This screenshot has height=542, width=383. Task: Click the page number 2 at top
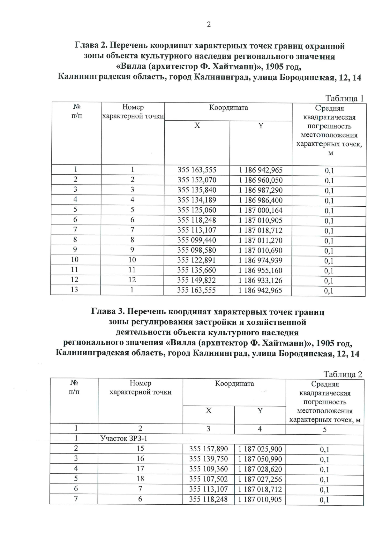tap(209, 25)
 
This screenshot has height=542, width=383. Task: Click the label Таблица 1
tap(344, 98)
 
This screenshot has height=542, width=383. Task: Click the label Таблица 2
tap(343, 374)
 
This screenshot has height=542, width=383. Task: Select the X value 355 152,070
tap(197, 180)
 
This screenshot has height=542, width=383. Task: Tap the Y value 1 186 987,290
tap(261, 190)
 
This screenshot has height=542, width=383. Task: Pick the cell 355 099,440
tap(197, 240)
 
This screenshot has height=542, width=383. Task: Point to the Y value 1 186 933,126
tap(261, 280)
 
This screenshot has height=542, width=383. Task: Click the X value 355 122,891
tap(197, 260)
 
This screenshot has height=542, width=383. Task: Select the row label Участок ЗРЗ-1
tap(124, 438)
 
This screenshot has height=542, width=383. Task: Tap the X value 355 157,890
tap(208, 449)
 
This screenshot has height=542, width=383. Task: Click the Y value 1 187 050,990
tap(260, 459)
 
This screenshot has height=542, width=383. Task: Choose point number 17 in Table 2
tap(140, 469)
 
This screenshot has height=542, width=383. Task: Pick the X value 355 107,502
tap(208, 479)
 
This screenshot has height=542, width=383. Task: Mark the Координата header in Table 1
tap(229, 108)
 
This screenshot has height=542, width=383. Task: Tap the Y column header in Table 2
tap(260, 411)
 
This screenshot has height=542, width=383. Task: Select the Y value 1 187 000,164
tap(261, 210)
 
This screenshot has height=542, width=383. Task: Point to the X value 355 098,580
tap(197, 250)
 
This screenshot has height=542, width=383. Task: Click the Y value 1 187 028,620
tap(260, 469)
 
